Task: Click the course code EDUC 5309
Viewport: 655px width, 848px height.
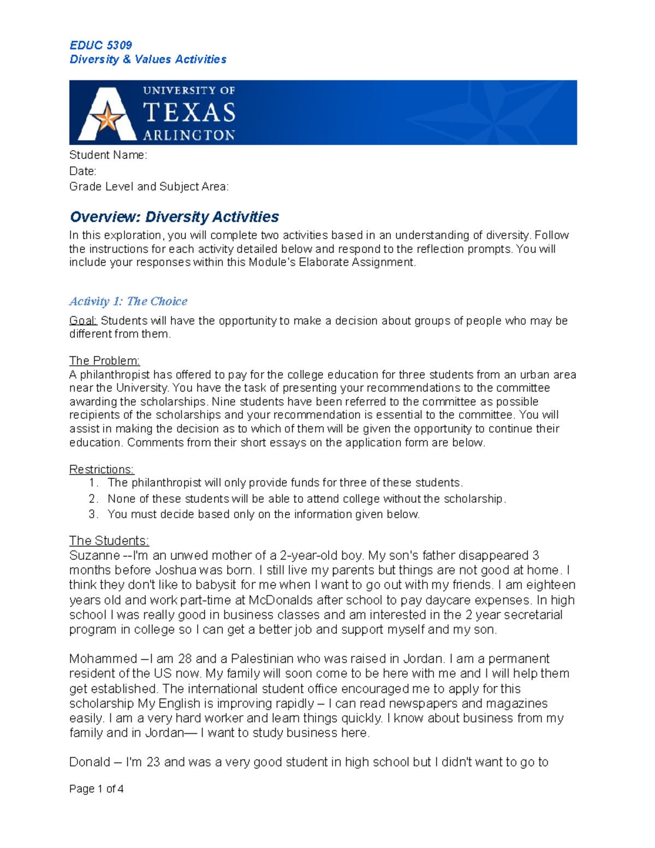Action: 100,45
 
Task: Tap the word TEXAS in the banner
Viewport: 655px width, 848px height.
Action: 189,113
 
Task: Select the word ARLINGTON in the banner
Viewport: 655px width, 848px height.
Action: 189,135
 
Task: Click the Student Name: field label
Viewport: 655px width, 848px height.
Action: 108,155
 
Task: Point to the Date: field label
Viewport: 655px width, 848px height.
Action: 82,171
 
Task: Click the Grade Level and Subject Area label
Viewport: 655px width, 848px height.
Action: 149,187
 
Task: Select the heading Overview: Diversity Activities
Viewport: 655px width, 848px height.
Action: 174,217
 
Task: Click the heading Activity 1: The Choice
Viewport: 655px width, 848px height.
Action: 128,301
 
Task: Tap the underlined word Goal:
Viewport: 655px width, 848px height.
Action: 83,321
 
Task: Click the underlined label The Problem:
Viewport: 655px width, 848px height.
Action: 104,361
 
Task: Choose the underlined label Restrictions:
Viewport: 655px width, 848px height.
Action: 102,470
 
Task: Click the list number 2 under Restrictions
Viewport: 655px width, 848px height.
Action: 93,499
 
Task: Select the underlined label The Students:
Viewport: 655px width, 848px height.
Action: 109,541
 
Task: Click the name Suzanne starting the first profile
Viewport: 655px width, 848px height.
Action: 94,556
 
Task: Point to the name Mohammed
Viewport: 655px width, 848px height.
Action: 103,659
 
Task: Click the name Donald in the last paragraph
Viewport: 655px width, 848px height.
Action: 90,762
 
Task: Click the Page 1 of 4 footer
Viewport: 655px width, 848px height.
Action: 96,789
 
